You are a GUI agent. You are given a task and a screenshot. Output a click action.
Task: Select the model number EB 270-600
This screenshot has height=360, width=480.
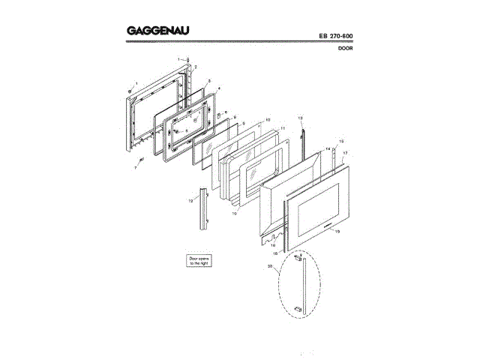(329, 36)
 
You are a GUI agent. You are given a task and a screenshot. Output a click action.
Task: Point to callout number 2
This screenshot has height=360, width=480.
(196, 67)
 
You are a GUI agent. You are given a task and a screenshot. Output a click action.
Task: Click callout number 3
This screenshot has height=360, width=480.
(208, 80)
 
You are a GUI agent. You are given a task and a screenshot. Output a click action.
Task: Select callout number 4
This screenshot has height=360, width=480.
(218, 88)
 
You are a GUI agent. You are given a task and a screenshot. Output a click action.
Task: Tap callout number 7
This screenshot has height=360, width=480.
(135, 169)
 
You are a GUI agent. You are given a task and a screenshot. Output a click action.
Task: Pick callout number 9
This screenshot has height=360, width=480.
(243, 122)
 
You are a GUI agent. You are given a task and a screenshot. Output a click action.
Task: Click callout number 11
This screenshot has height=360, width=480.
(283, 128)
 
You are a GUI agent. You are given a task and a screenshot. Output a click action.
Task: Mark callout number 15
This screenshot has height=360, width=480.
(340, 141)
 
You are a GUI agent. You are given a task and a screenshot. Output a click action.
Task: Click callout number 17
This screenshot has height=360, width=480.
(345, 152)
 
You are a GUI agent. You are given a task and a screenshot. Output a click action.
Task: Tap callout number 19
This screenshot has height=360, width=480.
(337, 232)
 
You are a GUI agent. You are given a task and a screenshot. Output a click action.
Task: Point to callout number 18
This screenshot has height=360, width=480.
(277, 254)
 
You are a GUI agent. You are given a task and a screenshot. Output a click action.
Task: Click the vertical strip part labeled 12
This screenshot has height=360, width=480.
(202, 206)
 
